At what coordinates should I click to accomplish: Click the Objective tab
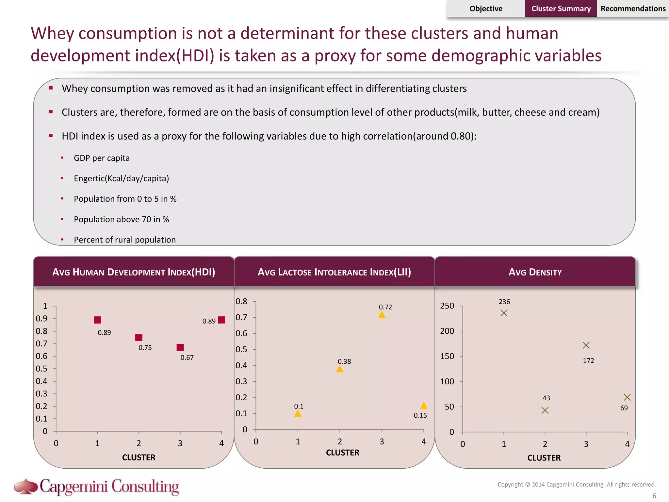tap(486, 8)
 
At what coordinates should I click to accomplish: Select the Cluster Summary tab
tap(561, 8)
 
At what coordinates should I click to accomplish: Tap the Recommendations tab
tap(633, 8)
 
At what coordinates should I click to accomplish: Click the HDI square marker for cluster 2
tap(139, 337)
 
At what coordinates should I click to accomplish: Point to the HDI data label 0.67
tap(187, 358)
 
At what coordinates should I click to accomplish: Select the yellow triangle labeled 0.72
tap(382, 314)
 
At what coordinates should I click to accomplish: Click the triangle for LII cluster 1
tap(298, 414)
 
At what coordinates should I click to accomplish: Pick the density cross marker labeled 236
tap(504, 313)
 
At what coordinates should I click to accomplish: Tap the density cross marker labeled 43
tap(545, 410)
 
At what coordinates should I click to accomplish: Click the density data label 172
tap(588, 361)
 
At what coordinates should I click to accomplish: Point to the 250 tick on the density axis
tap(447, 306)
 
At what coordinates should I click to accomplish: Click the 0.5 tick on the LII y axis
tap(241, 349)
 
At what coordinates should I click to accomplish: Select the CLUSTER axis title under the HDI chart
tap(139, 458)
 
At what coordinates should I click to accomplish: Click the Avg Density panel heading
tap(535, 272)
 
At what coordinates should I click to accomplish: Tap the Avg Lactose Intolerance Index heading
tap(334, 272)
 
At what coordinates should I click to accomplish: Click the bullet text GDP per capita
tap(102, 158)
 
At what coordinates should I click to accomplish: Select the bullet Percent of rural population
tap(124, 240)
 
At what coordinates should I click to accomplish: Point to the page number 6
tap(654, 496)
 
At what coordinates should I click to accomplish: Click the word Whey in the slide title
tap(52, 34)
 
